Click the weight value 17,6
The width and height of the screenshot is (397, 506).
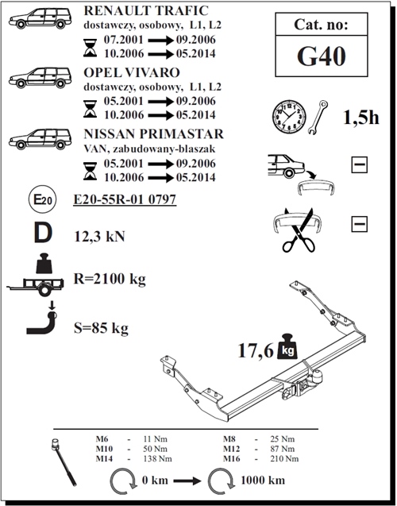[x=255, y=350]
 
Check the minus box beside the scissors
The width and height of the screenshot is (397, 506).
[x=360, y=224]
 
